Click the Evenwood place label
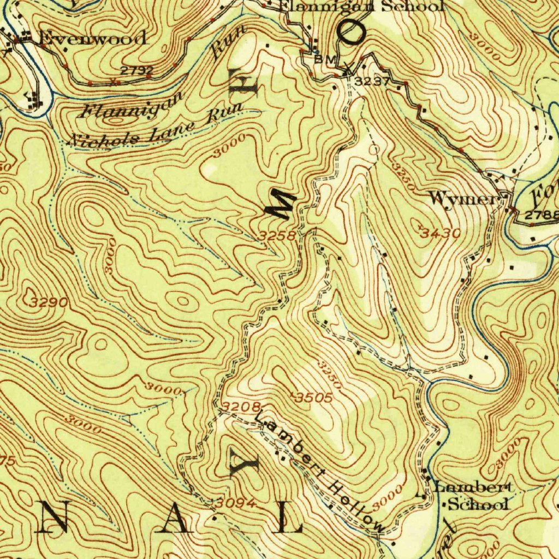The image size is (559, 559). pyautogui.click(x=92, y=38)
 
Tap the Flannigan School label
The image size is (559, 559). pyautogui.click(x=361, y=6)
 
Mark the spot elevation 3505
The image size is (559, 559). pyautogui.click(x=313, y=398)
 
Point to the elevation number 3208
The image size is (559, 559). pyautogui.click(x=240, y=406)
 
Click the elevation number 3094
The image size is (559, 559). pyautogui.click(x=235, y=503)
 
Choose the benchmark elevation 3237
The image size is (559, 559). pyautogui.click(x=371, y=81)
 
